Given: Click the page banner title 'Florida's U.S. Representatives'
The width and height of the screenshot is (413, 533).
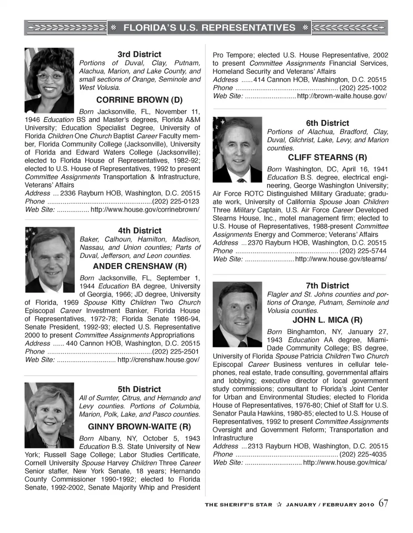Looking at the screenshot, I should (209, 28).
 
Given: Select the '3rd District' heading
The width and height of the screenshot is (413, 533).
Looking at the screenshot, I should (139, 55).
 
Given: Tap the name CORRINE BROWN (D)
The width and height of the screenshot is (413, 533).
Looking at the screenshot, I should (139, 100).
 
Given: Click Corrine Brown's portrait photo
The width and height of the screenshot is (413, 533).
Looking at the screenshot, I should (49, 80).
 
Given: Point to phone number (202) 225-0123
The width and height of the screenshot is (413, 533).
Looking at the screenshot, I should (176, 201).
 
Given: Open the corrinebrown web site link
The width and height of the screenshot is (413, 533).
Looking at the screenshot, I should (145, 209).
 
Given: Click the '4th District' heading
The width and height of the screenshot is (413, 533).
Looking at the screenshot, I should (140, 231).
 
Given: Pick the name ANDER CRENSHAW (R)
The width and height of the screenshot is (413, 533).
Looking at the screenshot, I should (140, 266).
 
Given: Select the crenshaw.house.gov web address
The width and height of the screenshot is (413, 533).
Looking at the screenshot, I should (158, 360).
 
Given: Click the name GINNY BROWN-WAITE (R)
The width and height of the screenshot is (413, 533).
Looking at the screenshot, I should (139, 427).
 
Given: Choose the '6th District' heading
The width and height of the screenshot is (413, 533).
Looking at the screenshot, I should (327, 123).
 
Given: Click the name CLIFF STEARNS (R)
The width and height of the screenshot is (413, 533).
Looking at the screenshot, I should (327, 157).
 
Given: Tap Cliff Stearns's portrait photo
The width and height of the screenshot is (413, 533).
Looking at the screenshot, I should (237, 150).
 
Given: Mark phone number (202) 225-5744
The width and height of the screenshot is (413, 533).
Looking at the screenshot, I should (363, 251).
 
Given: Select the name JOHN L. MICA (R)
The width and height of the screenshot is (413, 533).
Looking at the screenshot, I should (327, 320).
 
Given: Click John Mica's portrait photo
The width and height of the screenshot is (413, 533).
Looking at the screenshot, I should (237, 314).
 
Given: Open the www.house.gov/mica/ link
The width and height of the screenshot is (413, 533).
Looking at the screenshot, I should (345, 463).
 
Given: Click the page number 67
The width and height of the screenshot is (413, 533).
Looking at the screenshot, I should (383, 503).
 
